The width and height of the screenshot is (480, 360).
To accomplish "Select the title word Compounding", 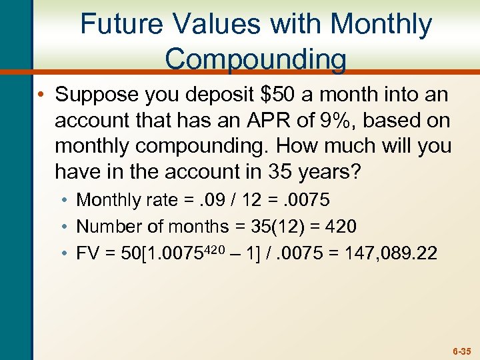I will (x=255, y=59).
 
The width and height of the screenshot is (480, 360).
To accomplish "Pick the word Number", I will (x=107, y=227).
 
